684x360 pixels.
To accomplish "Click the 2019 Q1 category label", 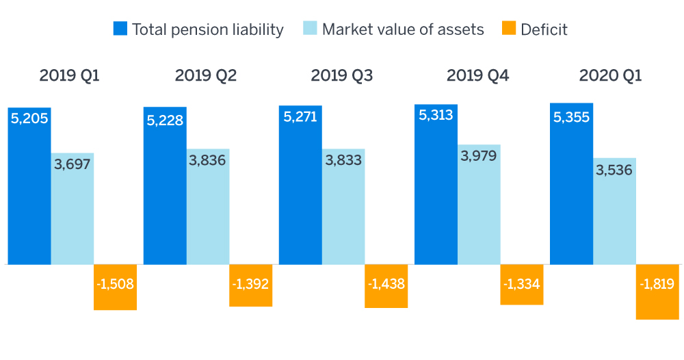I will (x=69, y=75).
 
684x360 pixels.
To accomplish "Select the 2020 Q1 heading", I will (x=610, y=75).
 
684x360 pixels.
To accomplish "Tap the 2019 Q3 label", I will (x=341, y=75).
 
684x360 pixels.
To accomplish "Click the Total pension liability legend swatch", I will (x=121, y=29).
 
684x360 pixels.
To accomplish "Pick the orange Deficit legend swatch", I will (x=510, y=29).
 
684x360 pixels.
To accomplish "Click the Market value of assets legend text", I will (x=402, y=29).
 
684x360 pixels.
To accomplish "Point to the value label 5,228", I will (x=165, y=120).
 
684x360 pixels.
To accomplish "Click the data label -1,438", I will (x=386, y=283).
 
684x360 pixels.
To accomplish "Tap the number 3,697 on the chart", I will (x=73, y=165).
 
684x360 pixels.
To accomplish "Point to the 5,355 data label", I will (x=571, y=117).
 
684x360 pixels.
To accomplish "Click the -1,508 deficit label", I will (x=115, y=283).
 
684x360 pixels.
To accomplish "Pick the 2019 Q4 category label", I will (x=477, y=75).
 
